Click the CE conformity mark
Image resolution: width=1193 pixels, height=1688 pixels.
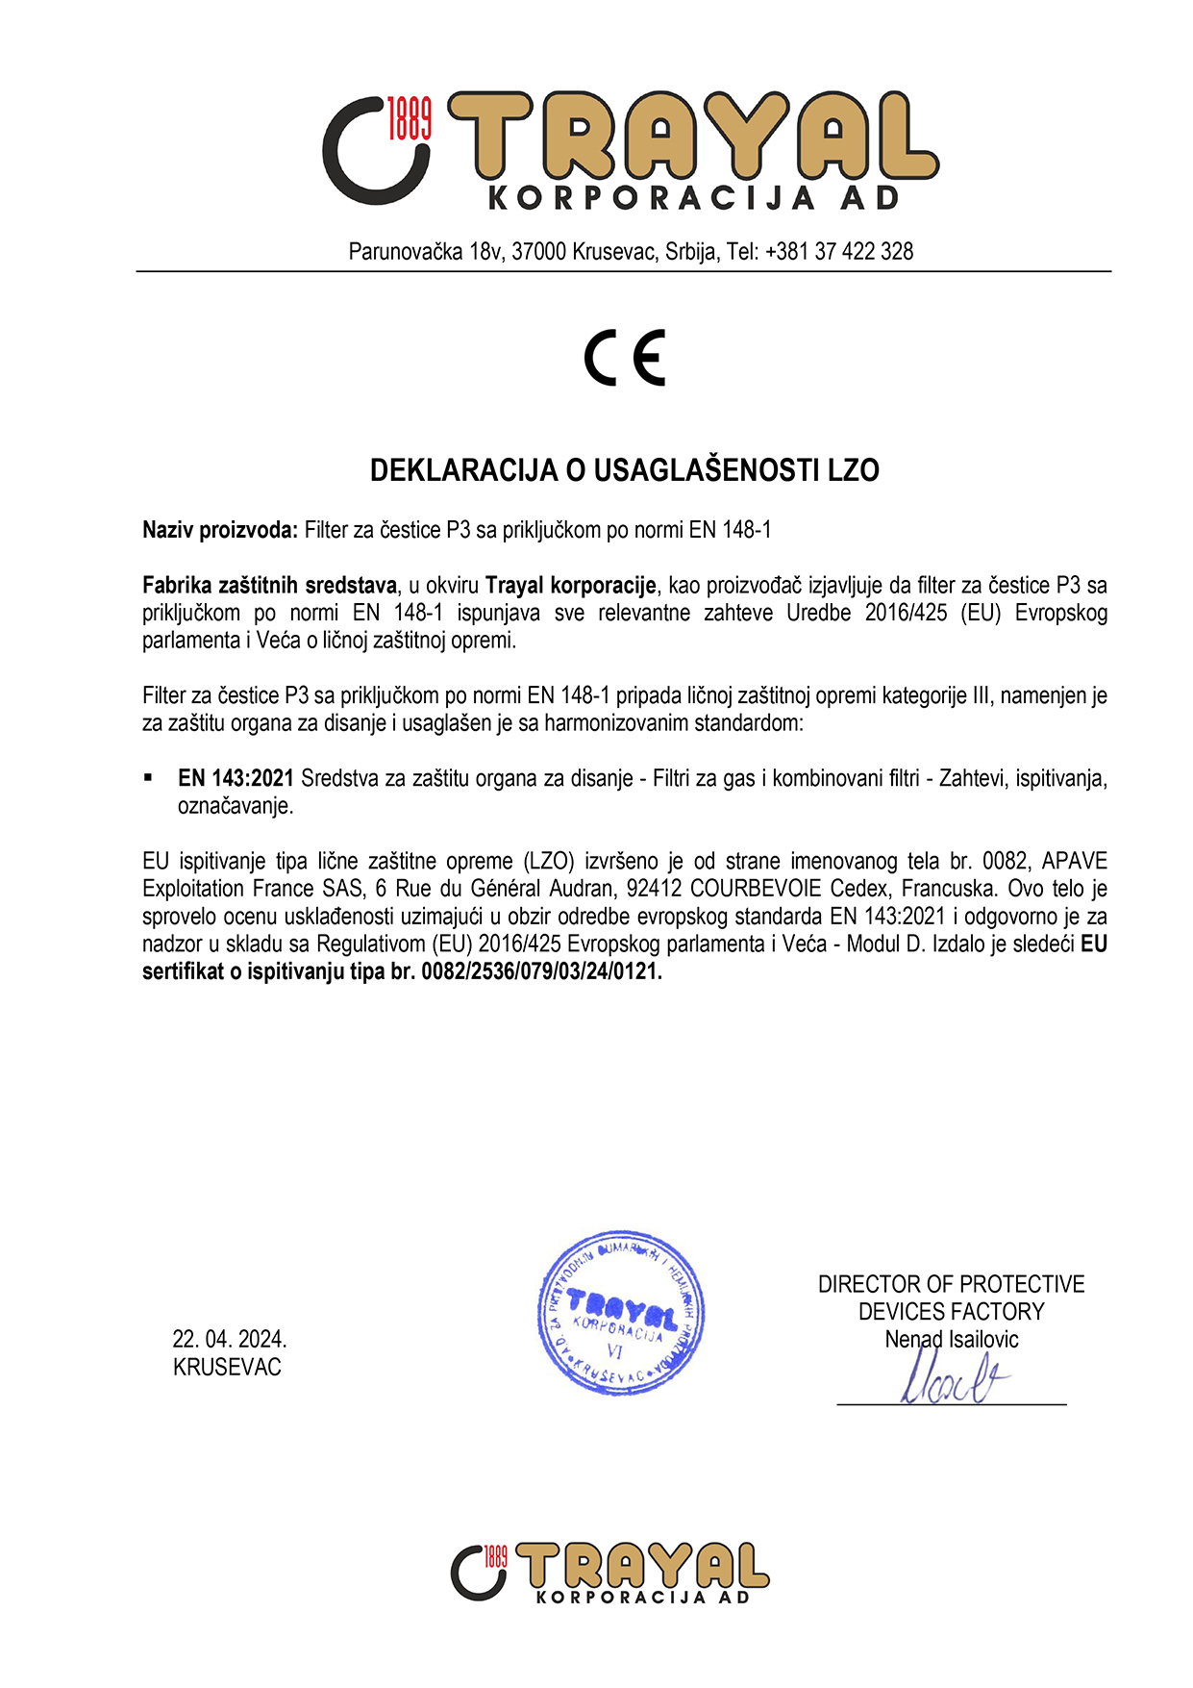coord(625,358)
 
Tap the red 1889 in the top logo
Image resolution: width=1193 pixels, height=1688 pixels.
coord(410,118)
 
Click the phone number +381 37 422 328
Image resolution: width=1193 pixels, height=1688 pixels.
coord(839,252)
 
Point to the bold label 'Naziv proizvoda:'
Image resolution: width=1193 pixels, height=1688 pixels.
coord(220,530)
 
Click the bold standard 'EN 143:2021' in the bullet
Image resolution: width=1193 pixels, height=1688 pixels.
coord(236,778)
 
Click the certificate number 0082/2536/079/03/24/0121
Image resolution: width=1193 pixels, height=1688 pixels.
coord(541,971)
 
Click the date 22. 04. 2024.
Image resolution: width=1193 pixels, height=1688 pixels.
coord(230,1339)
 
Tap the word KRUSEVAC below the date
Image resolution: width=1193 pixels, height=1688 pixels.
coord(227,1367)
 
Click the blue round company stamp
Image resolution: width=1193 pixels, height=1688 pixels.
coord(620,1313)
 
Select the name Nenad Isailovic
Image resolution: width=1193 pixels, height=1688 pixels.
coord(951,1339)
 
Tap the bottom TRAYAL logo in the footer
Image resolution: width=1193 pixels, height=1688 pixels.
coord(609,1573)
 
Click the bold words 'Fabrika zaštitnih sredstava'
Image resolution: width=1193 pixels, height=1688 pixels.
coord(269,585)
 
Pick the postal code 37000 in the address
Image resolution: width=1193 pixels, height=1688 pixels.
coord(538,252)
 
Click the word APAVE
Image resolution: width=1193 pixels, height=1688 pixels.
coord(1074,861)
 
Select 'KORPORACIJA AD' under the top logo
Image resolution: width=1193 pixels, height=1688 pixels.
coord(693,198)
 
